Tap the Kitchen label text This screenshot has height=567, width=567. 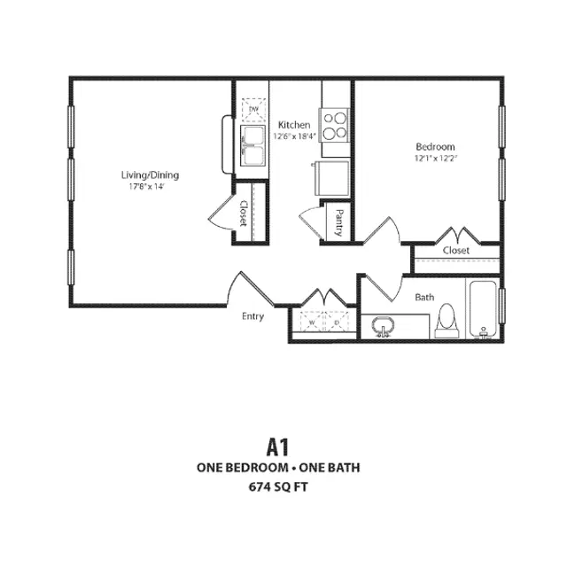(x=293, y=125)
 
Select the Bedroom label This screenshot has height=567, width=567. (x=435, y=146)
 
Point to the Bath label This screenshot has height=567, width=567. (x=425, y=298)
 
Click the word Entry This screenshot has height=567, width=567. (x=253, y=315)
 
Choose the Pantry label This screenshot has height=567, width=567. (x=339, y=223)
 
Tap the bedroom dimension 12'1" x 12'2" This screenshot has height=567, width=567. (x=435, y=159)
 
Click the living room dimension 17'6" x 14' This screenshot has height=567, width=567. (x=146, y=186)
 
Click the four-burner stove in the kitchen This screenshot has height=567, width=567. (x=335, y=125)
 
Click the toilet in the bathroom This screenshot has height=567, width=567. (x=448, y=322)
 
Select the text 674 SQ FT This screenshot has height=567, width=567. (x=278, y=486)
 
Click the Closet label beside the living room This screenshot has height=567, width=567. (x=244, y=212)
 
